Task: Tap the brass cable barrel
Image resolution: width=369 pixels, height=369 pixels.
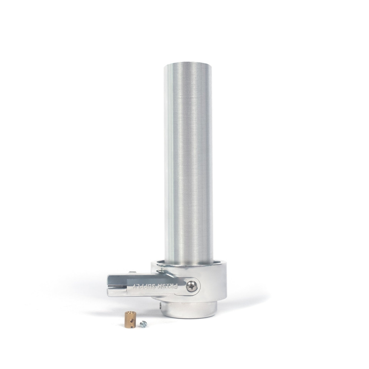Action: pos(128,318)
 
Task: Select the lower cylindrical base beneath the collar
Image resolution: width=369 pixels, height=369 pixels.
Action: pos(189,310)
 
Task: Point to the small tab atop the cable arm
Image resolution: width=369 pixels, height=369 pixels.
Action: pos(132,273)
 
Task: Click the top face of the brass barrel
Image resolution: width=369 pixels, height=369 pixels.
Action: pos(127,314)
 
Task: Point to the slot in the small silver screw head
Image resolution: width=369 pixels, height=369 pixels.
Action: pos(143,324)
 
